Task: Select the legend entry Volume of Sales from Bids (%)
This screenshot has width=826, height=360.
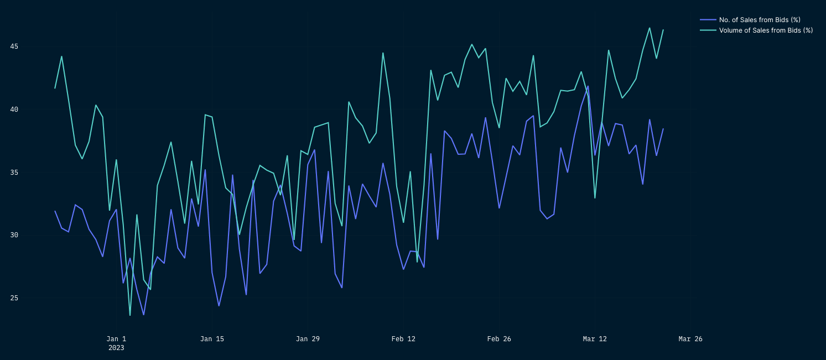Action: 766,30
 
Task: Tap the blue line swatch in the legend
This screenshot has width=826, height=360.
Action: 708,20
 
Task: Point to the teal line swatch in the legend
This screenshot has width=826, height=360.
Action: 708,30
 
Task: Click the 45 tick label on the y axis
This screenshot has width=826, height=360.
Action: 14,46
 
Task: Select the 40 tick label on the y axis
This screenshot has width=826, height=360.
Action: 14,109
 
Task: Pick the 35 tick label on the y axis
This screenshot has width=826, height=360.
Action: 14,173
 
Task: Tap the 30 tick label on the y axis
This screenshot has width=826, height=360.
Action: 14,235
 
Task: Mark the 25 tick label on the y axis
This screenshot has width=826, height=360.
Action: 14,298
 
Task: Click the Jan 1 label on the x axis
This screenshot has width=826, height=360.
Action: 116,339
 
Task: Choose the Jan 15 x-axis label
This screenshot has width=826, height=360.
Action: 212,339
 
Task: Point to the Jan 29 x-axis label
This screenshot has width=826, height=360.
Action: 308,339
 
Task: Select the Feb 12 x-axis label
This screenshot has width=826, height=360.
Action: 403,339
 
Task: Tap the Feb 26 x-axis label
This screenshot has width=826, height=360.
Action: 499,339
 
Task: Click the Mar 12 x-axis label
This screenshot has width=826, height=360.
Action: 595,339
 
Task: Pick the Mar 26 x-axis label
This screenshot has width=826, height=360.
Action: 690,339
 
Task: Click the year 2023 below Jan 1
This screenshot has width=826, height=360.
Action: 116,348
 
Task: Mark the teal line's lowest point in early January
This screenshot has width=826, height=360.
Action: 130,315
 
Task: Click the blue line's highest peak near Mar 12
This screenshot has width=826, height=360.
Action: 588,86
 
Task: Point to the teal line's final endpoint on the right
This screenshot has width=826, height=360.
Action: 663,30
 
